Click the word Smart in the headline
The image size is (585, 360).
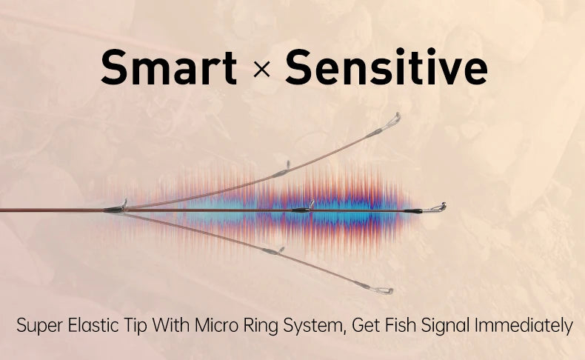coord(169,67)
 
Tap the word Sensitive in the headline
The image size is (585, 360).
coord(386,67)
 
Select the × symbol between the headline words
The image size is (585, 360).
coord(261,70)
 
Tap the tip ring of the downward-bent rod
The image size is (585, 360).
coord(382,290)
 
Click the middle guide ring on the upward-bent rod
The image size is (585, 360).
coord(288,165)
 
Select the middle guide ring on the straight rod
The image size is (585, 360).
coord(312,204)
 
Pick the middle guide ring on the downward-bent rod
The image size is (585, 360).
coord(281,250)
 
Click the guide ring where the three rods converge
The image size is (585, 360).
coord(124,204)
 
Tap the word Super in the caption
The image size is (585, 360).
coord(39,326)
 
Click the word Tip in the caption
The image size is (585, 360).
coord(133,326)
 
